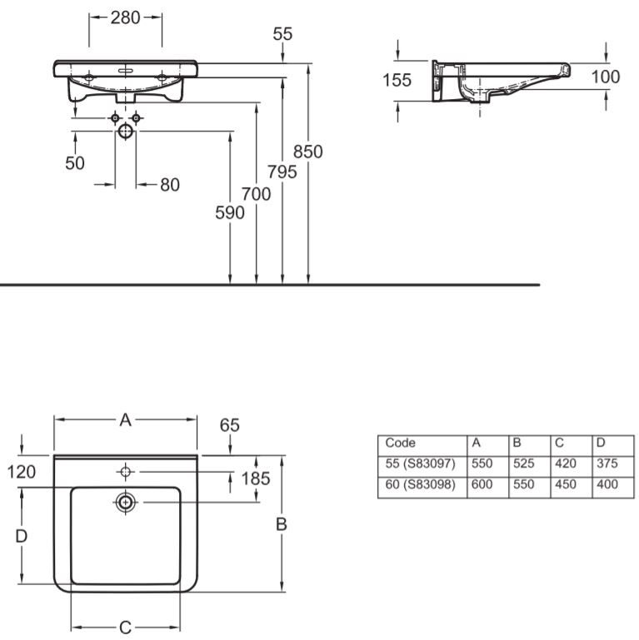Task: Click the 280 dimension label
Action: click(126, 17)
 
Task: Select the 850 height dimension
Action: click(308, 151)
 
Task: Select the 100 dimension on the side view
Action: click(606, 77)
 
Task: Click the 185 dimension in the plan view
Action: click(257, 479)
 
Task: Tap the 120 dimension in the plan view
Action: click(22, 472)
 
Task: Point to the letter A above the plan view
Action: click(125, 420)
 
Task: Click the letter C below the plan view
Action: click(125, 628)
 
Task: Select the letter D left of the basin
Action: click(22, 536)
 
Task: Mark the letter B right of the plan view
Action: click(282, 524)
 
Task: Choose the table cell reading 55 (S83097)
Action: click(422, 464)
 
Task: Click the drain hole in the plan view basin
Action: click(126, 503)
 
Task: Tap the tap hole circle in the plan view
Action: click(126, 472)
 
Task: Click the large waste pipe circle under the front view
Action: click(126, 131)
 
